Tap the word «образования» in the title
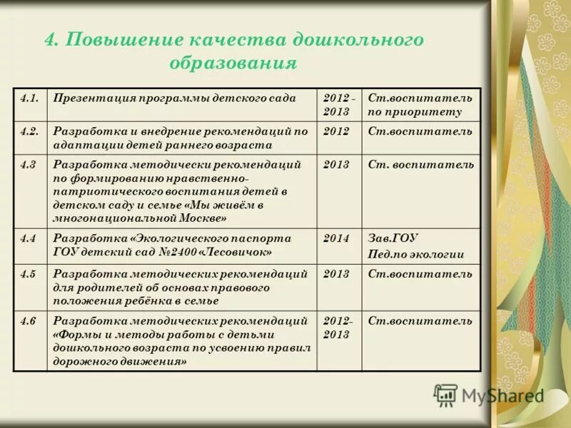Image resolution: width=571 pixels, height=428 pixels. (233, 63)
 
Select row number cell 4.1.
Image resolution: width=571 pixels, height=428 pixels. (29, 98)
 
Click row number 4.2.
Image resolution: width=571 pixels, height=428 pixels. (29, 131)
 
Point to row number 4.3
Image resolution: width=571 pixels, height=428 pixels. (28, 165)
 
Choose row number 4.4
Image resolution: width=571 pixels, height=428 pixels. (28, 238)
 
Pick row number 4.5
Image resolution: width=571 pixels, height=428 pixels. (28, 274)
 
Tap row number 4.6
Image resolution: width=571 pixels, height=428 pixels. (28, 321)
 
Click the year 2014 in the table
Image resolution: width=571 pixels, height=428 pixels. (336, 238)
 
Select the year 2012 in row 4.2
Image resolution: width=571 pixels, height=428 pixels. (336, 131)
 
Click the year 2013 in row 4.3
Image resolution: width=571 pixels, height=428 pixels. (336, 165)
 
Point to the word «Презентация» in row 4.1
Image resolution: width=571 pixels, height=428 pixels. (92, 98)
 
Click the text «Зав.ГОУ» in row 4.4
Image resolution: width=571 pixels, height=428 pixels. (393, 238)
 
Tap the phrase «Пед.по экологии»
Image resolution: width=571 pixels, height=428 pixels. (416, 254)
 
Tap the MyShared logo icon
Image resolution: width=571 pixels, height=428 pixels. (445, 394)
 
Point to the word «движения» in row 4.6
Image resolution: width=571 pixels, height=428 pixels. (158, 362)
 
